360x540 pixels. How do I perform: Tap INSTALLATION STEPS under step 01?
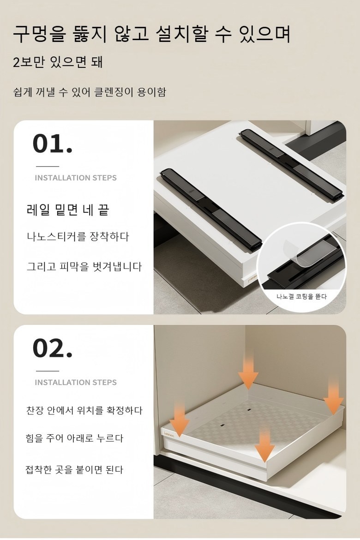[x=76, y=178]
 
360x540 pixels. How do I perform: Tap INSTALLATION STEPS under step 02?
[x=76, y=382]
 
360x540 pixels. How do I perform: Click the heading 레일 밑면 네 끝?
[x=68, y=210]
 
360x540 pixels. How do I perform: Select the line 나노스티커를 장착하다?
[x=78, y=237]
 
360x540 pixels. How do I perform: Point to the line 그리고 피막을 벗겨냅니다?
[x=84, y=267]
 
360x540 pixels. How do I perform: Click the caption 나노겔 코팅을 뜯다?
[x=301, y=296]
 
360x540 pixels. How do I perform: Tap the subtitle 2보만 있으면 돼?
[x=58, y=62]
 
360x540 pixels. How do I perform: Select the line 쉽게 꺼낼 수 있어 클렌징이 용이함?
[x=90, y=92]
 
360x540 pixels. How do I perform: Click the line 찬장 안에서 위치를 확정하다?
[x=84, y=410]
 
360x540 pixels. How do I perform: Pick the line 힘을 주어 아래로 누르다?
[x=74, y=438]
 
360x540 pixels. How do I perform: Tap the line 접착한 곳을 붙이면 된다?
[x=74, y=469]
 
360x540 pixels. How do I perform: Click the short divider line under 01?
[x=48, y=166]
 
